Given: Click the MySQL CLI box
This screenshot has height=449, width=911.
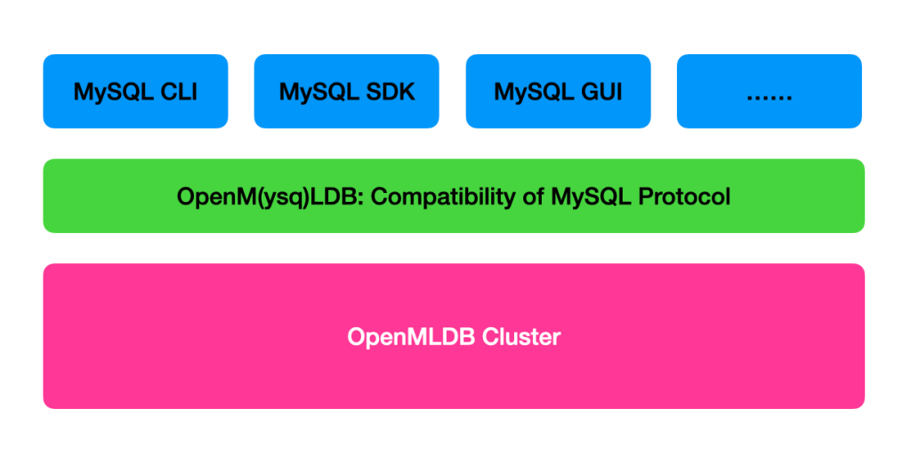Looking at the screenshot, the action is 135,92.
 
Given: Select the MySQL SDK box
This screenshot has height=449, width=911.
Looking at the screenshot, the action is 347,92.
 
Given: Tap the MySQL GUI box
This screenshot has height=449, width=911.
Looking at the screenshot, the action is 559,92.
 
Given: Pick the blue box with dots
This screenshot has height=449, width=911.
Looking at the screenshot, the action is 770,92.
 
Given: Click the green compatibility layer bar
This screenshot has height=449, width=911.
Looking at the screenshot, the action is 454,196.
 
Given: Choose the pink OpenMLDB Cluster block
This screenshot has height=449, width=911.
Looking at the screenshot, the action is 454,336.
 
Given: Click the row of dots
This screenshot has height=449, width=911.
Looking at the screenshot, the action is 770,99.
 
